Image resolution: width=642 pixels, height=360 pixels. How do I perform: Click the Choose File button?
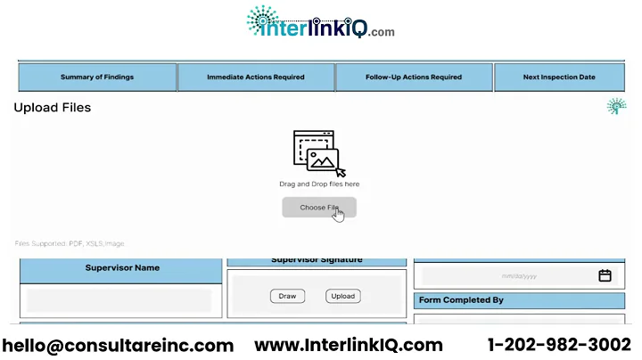coord(318,208)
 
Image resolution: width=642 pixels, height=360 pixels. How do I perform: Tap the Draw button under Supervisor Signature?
coord(287,296)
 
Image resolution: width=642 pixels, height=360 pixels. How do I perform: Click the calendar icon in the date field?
coord(605,276)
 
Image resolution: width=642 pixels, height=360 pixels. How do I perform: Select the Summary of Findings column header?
coord(97,78)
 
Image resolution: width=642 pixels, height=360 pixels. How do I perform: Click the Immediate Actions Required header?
coord(256,78)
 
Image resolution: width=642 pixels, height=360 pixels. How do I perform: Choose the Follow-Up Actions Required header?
coord(414,78)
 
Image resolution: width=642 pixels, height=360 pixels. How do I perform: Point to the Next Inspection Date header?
coord(559,78)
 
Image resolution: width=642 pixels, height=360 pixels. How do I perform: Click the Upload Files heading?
coord(53,108)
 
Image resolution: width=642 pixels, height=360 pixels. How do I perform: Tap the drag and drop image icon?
coord(318,153)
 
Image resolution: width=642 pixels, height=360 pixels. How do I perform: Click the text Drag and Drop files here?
coord(319,184)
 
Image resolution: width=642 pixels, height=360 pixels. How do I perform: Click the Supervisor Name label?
coord(122,268)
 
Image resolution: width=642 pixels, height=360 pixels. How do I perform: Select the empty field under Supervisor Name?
coord(119,300)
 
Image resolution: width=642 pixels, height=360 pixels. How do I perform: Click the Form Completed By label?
coord(461,300)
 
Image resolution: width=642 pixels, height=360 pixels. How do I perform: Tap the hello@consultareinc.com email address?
coord(118,345)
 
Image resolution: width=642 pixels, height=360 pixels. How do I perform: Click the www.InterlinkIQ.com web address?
coord(349,345)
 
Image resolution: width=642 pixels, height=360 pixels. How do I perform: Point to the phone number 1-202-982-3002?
coord(559,345)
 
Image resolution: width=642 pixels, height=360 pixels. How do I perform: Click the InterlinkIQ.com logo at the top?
coord(320,22)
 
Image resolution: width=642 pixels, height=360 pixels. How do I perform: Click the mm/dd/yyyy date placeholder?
coord(519,276)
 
